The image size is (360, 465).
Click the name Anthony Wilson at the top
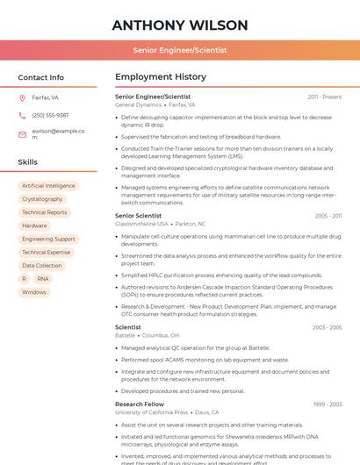point(180,25)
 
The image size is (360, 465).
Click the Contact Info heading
point(40,77)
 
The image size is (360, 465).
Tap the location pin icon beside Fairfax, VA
point(22,97)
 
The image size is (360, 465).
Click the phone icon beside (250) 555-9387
point(22,115)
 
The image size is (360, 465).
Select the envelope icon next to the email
point(22,134)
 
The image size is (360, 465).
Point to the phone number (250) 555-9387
point(50,115)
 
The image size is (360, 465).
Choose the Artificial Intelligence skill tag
point(48,186)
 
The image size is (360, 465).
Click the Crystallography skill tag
point(42,199)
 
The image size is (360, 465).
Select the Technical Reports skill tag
point(44,212)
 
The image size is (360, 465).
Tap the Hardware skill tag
point(35,225)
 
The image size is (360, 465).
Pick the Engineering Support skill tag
point(48,239)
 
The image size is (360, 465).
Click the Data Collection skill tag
point(42,265)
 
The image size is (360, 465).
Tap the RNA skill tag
point(43,278)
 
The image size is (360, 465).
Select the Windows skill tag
point(34,292)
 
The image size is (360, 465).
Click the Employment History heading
point(161,77)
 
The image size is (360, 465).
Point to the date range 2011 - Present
point(324,97)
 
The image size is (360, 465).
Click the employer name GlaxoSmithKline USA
point(141,224)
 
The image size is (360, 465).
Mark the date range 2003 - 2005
point(327,327)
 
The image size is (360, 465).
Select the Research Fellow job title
point(140,404)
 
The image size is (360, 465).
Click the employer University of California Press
point(151,412)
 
